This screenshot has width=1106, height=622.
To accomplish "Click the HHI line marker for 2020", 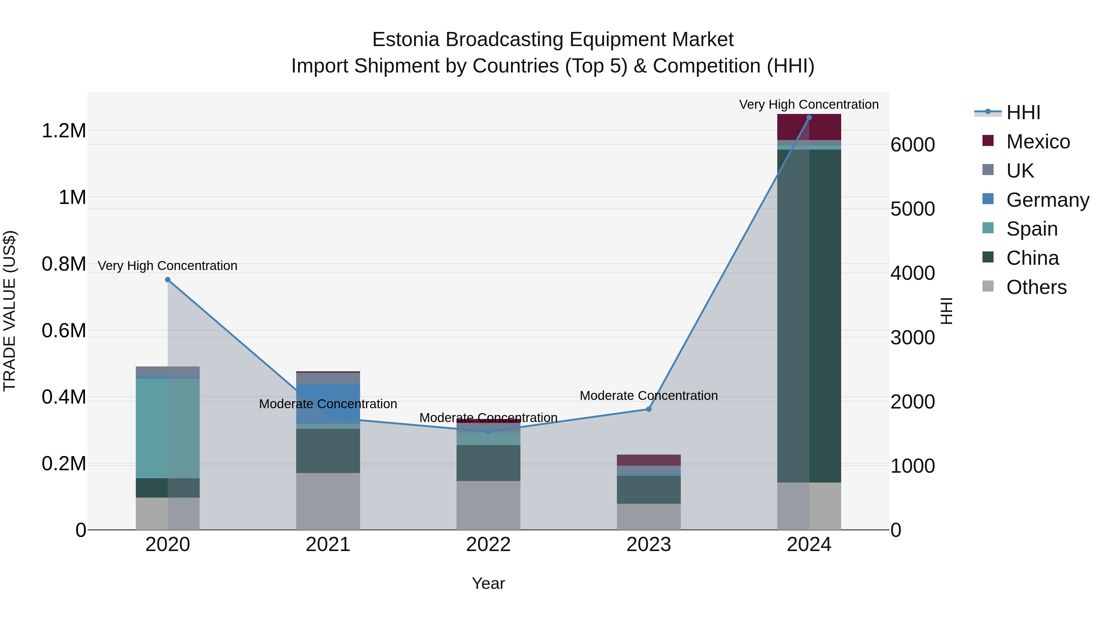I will [x=168, y=280].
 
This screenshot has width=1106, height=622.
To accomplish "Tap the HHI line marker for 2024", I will [x=809, y=118].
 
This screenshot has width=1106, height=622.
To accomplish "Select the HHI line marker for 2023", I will [x=649, y=409].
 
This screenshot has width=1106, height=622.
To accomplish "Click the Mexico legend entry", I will [x=1038, y=142].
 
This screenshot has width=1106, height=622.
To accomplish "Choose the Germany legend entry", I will [x=1047, y=200].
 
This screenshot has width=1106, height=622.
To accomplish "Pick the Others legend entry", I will [x=1036, y=287].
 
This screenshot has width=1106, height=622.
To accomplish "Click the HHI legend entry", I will [x=1023, y=112].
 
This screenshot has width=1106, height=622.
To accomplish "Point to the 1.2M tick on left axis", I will [x=64, y=131].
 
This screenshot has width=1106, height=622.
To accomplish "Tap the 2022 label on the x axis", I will [x=488, y=545].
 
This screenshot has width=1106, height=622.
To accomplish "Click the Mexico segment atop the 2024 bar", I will [x=809, y=127].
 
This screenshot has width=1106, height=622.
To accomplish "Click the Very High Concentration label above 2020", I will [x=167, y=266].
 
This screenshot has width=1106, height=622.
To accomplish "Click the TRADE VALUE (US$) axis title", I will [x=10, y=311].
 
